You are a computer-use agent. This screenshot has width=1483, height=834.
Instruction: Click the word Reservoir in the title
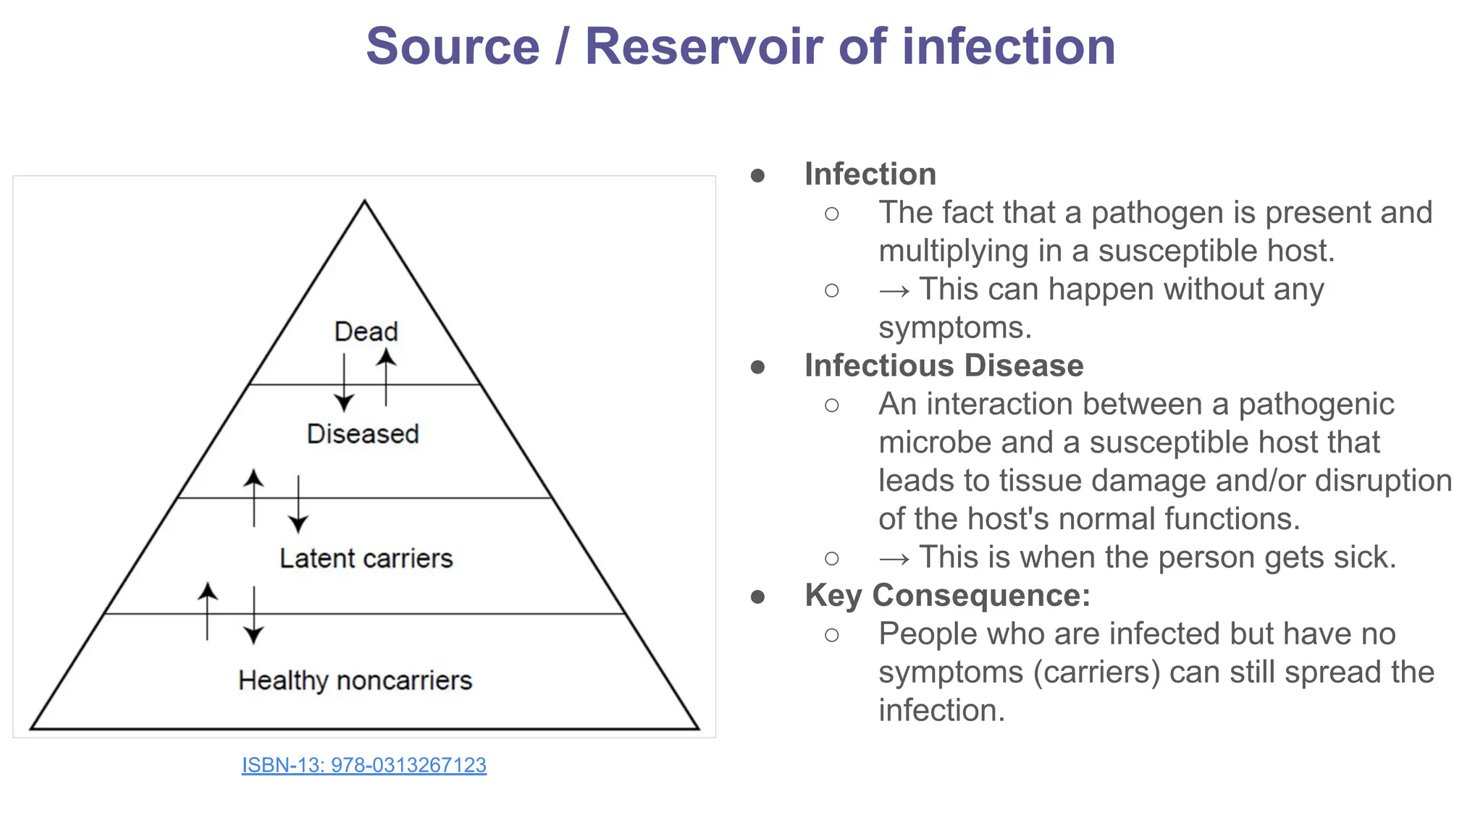[x=705, y=46]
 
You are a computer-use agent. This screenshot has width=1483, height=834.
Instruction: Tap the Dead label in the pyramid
[x=366, y=332]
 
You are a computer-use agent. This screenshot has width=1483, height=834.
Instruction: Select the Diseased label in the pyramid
[x=363, y=434]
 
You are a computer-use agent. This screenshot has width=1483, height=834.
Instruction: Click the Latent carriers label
[x=366, y=558]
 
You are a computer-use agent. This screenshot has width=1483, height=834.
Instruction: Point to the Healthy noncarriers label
[x=355, y=680]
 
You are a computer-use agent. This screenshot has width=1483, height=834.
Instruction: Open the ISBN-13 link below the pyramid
[x=364, y=764]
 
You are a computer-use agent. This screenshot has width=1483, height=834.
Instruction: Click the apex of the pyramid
[x=364, y=203]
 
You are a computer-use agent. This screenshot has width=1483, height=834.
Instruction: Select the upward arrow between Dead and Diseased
[x=386, y=376]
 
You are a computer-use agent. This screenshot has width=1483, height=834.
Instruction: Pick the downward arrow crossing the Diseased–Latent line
[x=298, y=505]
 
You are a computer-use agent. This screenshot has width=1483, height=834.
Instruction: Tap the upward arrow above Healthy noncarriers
[x=208, y=612]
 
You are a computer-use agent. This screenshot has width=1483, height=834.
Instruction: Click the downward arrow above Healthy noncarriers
[x=253, y=615]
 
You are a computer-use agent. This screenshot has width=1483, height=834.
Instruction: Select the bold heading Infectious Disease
[x=944, y=366]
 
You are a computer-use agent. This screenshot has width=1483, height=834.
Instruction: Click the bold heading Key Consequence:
[x=947, y=595]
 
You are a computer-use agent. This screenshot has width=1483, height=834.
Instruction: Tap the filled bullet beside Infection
[x=757, y=175]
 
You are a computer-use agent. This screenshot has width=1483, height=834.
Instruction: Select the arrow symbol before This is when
[x=894, y=558]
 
